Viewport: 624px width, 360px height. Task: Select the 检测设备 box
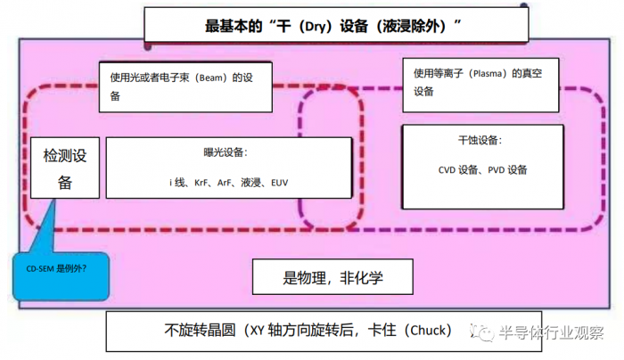click(64, 169)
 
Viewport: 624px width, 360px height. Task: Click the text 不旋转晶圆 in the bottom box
click(200, 331)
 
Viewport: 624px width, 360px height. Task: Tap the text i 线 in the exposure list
click(177, 183)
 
